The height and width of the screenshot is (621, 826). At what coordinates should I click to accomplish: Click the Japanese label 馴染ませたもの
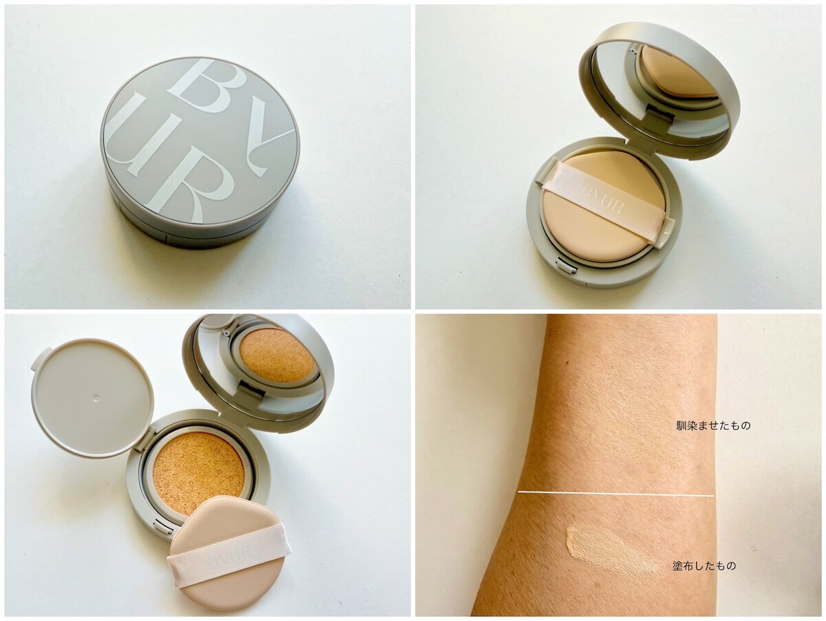click(714, 425)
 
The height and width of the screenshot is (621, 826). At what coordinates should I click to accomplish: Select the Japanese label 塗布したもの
click(704, 576)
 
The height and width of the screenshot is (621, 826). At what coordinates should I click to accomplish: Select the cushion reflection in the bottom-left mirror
click(277, 358)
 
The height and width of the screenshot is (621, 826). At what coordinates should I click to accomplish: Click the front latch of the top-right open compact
click(567, 266)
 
